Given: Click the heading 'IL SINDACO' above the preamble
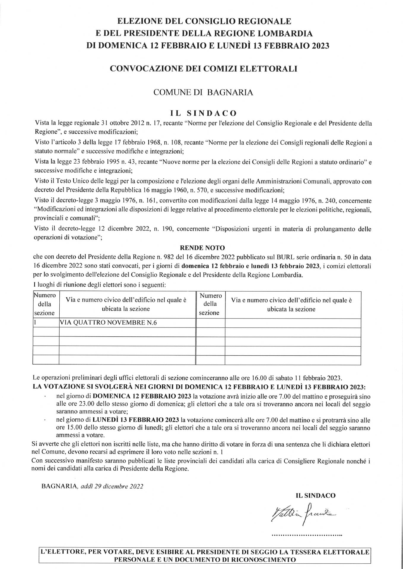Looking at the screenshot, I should click(x=203, y=113).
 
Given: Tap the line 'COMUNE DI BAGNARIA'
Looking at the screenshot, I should click(x=203, y=92).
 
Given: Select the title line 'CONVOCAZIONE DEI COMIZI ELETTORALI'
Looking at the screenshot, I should click(x=203, y=69).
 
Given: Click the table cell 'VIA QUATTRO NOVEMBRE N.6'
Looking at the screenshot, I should click(x=108, y=323).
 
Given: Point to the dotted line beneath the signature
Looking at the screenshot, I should click(x=307, y=535).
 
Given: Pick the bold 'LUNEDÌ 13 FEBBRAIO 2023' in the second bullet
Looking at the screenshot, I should click(x=136, y=420).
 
